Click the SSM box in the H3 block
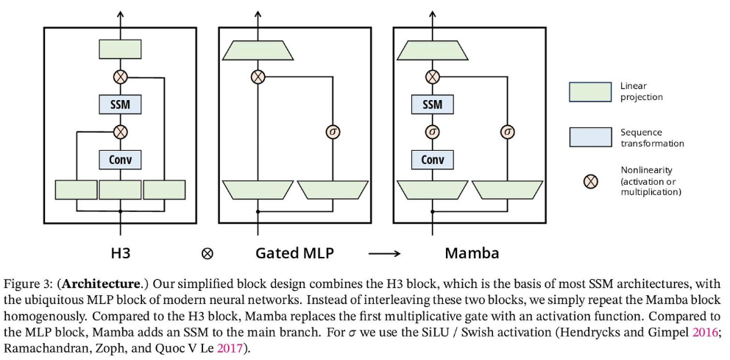pyautogui.click(x=120, y=105)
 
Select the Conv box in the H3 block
pyautogui.click(x=120, y=159)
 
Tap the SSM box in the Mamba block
pyautogui.click(x=433, y=105)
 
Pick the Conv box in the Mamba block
pyautogui.click(x=433, y=159)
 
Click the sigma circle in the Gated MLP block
pyautogui.click(x=332, y=132)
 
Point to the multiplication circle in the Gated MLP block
pyautogui.click(x=258, y=77)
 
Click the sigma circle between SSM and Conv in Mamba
pyautogui.click(x=433, y=132)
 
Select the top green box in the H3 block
pyautogui.click(x=120, y=49)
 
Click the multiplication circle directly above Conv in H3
pyautogui.click(x=120, y=132)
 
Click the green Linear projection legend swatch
pyautogui.click(x=590, y=91)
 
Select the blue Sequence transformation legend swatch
pyautogui.click(x=590, y=137)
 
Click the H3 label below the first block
pyautogui.click(x=120, y=253)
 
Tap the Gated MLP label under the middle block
pyautogui.click(x=294, y=253)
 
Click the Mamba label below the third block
pyautogui.click(x=472, y=253)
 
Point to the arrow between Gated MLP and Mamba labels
pyautogui.click(x=383, y=254)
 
